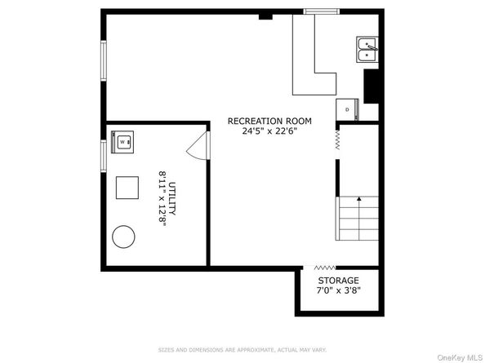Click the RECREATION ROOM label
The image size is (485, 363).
[269, 121]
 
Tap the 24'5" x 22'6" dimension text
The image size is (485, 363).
[269, 131]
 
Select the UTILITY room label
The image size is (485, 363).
[172, 198]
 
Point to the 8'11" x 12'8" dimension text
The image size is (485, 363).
[162, 199]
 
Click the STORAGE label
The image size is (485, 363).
[338, 281]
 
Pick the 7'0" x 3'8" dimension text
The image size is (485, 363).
[338, 290]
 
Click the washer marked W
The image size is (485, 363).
[122, 142]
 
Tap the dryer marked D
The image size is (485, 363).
[347, 109]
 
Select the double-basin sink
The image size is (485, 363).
[367, 50]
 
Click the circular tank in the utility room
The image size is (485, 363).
[123, 237]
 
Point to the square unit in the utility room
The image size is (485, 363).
[127, 188]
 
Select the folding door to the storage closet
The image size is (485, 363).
[324, 268]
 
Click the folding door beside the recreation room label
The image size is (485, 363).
[337, 140]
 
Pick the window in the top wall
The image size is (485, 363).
[322, 11]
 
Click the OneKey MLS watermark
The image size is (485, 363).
[460, 358]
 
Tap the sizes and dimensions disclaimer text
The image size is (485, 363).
[242, 350]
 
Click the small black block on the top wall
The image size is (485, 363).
[265, 16]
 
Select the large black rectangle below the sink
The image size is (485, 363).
[372, 86]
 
